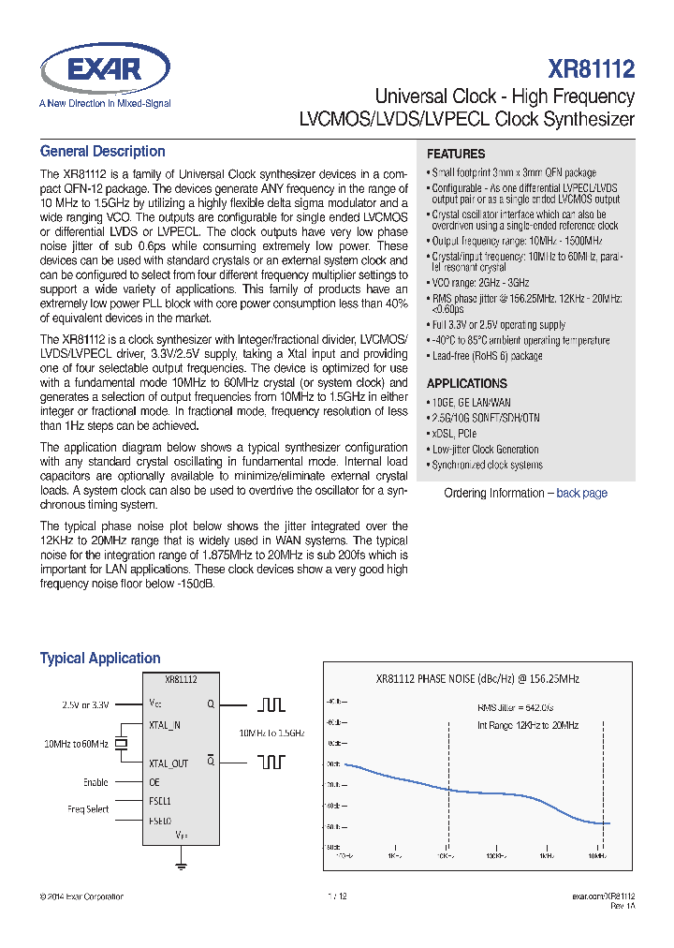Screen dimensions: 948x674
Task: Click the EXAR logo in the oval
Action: point(105,68)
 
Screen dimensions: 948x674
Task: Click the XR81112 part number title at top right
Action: point(592,68)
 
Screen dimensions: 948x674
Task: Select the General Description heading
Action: point(102,152)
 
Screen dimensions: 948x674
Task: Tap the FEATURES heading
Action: point(456,154)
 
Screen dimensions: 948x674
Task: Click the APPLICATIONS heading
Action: point(466,383)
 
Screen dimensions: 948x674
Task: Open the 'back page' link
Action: point(581,493)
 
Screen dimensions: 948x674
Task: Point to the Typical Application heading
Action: point(100,659)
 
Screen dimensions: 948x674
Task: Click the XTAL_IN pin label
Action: point(165,724)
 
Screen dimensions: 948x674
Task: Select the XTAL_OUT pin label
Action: point(168,763)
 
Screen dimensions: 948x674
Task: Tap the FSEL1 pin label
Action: point(160,801)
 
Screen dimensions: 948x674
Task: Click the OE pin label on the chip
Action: point(154,782)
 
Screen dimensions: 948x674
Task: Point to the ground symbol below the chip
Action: point(181,866)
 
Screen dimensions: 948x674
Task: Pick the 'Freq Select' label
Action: point(88,808)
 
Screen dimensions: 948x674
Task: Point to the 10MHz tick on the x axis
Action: point(596,855)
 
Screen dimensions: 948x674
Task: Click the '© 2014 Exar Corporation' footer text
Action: point(81,896)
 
